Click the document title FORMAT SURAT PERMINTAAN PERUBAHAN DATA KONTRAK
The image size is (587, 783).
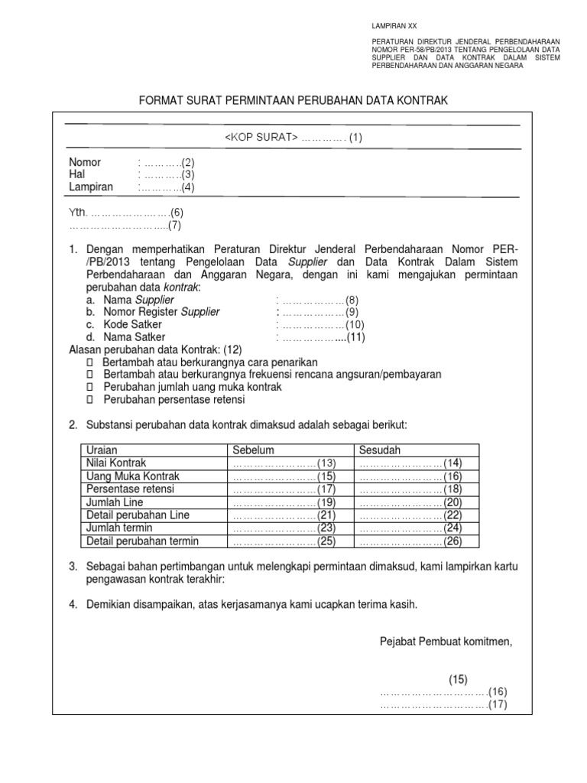tap(292, 100)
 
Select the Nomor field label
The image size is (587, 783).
tap(85, 163)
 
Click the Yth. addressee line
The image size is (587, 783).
tap(127, 212)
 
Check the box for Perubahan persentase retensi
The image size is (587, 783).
tap(89, 399)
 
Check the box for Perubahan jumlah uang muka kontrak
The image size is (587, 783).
tap(89, 387)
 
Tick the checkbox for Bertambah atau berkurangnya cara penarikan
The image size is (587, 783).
tap(89, 362)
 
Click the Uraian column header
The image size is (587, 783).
tap(102, 450)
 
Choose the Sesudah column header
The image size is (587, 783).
tap(380, 450)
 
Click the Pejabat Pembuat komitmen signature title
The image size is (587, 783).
tap(446, 641)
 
